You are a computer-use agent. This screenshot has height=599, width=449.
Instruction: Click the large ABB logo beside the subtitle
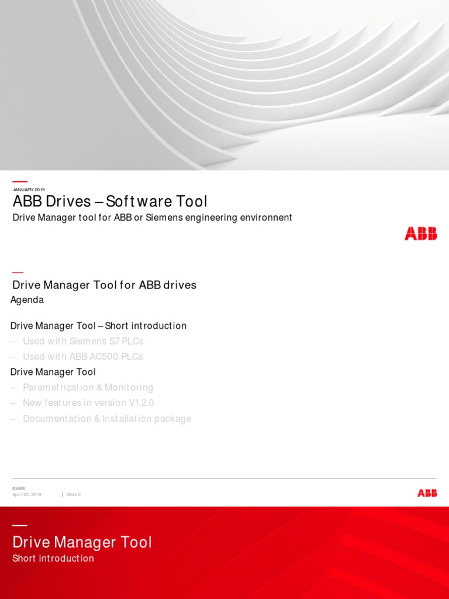420,233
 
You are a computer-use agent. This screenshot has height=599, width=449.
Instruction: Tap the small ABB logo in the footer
427,493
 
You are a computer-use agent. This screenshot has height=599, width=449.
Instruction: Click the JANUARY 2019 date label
29,190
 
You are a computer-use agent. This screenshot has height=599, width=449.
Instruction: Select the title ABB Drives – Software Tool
110,202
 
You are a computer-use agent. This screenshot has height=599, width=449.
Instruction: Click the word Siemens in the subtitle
165,218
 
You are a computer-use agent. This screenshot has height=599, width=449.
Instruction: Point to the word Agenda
27,300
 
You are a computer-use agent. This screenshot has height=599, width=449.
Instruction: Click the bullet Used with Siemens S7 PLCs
83,341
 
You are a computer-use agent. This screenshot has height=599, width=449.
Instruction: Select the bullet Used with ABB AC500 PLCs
82,356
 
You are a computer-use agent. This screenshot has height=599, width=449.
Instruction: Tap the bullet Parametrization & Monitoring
88,387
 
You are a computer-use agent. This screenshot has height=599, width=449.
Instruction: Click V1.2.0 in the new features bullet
139,403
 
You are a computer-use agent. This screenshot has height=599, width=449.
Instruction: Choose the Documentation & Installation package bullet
107,419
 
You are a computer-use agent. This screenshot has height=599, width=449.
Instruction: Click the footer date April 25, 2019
27,495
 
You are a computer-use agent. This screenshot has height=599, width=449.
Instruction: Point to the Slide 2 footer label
74,495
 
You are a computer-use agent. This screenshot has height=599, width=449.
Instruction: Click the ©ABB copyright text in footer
19,488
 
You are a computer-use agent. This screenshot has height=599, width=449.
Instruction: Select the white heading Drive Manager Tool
82,542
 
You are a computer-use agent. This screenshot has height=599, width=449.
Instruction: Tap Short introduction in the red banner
53,559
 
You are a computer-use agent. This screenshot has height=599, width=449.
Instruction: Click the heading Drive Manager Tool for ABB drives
105,285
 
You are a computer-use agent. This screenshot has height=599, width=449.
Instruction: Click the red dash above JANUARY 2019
20,181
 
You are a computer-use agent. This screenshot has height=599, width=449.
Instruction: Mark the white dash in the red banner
19,525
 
